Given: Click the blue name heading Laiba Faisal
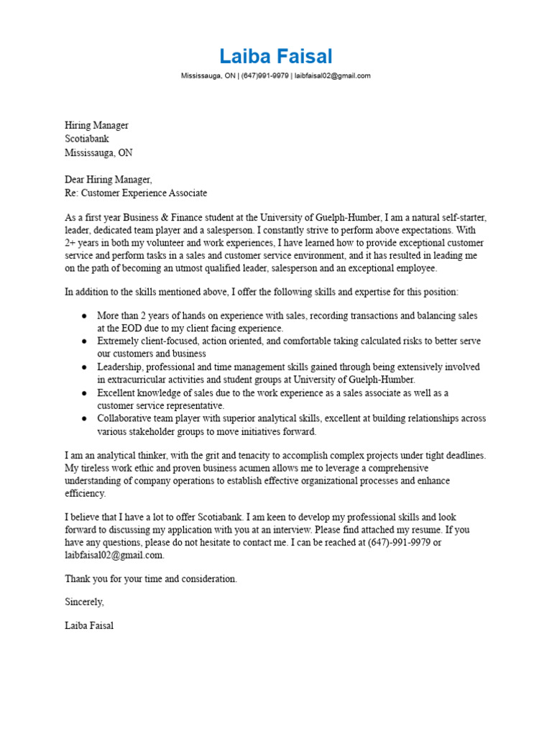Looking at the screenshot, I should pos(276,56).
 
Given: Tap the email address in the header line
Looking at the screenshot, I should pos(332,75).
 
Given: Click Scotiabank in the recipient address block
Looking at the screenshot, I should pos(87,139).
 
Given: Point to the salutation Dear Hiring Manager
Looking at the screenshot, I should pos(108,180).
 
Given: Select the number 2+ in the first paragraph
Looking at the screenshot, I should pos(71,243).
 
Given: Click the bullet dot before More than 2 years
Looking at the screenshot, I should pos(84,316).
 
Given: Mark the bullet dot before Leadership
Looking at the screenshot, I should pos(84,367).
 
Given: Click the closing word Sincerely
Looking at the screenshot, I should pos(84,602).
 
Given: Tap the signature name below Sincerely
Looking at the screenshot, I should pos(89,626).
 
